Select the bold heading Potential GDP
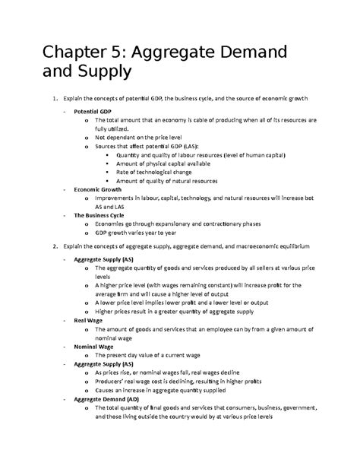tap(96, 111)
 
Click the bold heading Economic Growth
tap(101, 189)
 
